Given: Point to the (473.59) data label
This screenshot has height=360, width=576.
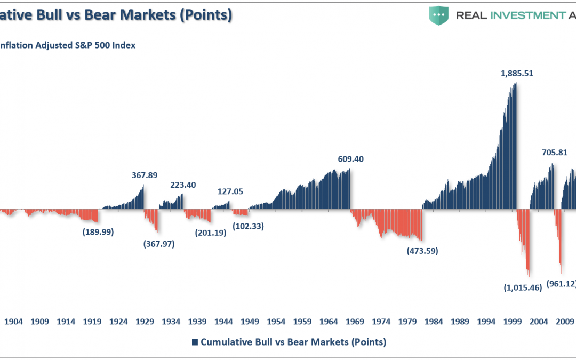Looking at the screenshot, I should (422, 251).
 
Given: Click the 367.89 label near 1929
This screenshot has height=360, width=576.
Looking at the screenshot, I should (145, 175).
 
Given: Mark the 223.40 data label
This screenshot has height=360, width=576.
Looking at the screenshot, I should (183, 185).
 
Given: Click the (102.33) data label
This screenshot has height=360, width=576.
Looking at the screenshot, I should (248, 226).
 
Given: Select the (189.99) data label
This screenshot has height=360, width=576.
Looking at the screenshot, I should (98, 232).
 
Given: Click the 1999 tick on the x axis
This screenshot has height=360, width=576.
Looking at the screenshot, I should (512, 322).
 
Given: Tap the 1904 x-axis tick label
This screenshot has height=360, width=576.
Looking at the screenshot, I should (13, 322).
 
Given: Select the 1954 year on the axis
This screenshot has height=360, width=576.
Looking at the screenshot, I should (276, 322).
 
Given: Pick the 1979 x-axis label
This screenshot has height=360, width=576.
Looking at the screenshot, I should (407, 322).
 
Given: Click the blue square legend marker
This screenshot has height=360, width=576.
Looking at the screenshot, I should (195, 342).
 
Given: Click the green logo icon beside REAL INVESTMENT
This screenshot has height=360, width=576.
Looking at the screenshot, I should (439, 15).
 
